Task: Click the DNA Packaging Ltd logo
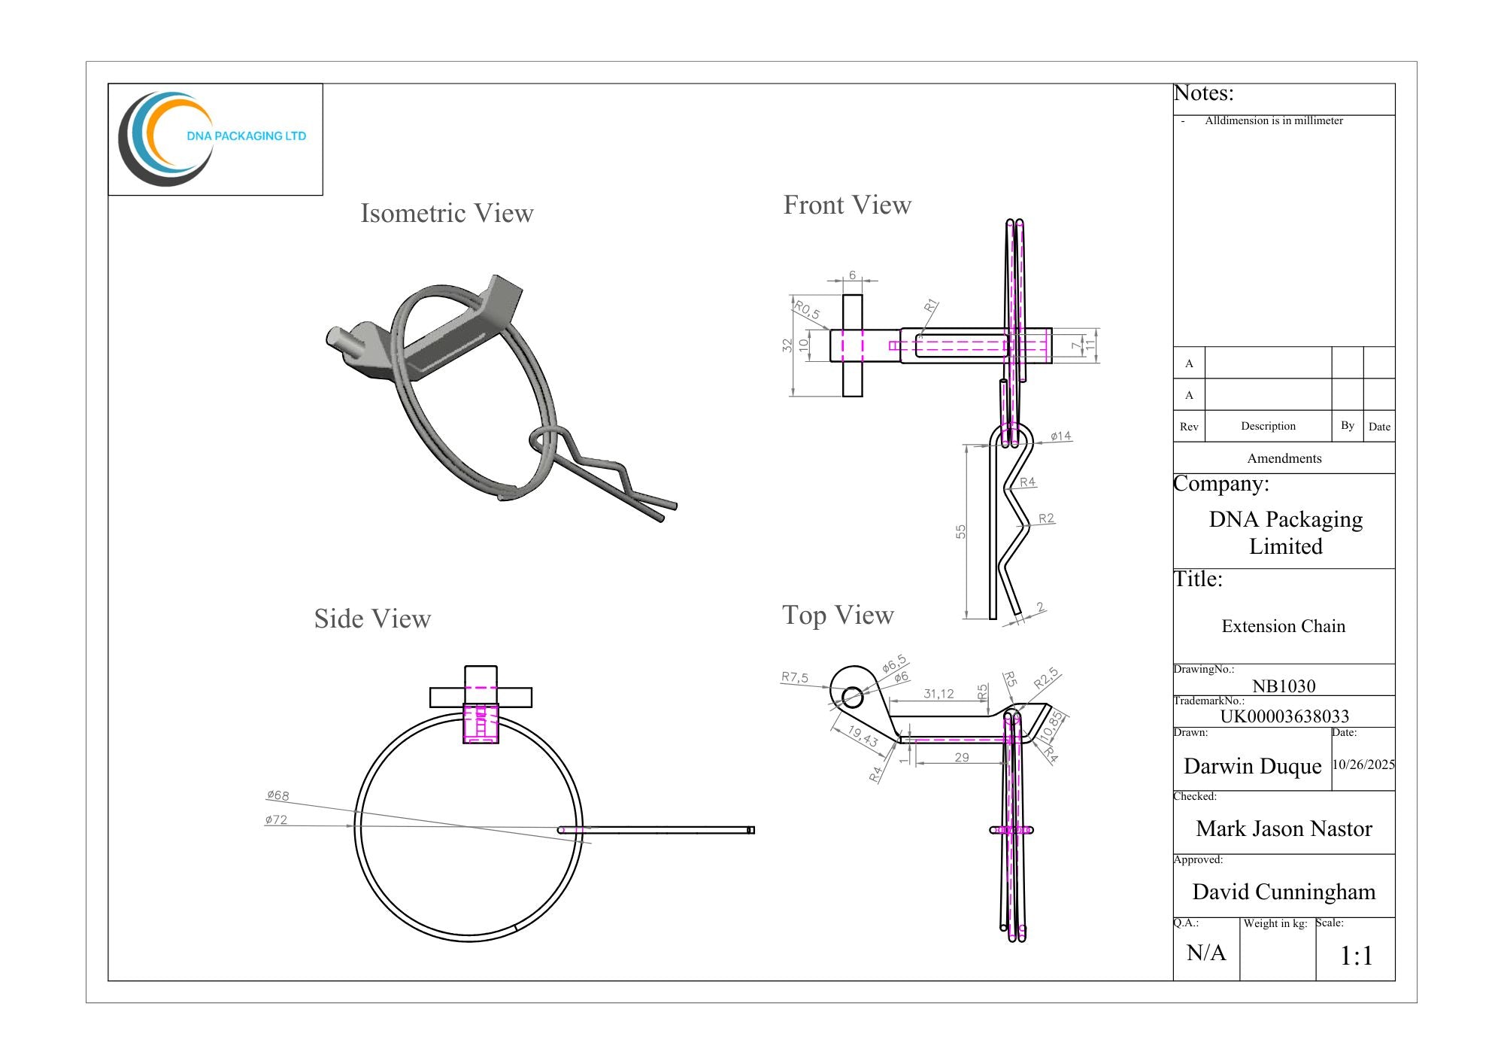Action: [x=213, y=139]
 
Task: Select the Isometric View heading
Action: [x=447, y=213]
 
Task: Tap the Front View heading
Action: [x=848, y=205]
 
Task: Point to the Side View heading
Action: [x=372, y=619]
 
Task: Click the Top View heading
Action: [x=838, y=616]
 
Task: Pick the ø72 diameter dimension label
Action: [x=276, y=819]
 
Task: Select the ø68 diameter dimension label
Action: [x=277, y=795]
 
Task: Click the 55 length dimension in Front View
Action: [x=960, y=531]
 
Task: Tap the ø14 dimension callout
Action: [x=1061, y=436]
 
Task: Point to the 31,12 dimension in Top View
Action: [x=938, y=694]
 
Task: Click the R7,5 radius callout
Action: [x=795, y=677]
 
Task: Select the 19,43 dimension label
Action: [x=863, y=736]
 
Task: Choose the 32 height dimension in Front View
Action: [x=787, y=345]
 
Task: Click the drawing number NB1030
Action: [x=1284, y=686]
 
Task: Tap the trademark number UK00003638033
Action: [x=1284, y=716]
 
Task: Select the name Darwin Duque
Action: [x=1252, y=766]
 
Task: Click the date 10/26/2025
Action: [x=1363, y=765]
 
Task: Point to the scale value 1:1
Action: [x=1357, y=956]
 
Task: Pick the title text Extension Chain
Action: [x=1284, y=626]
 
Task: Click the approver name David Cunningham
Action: [x=1284, y=892]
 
